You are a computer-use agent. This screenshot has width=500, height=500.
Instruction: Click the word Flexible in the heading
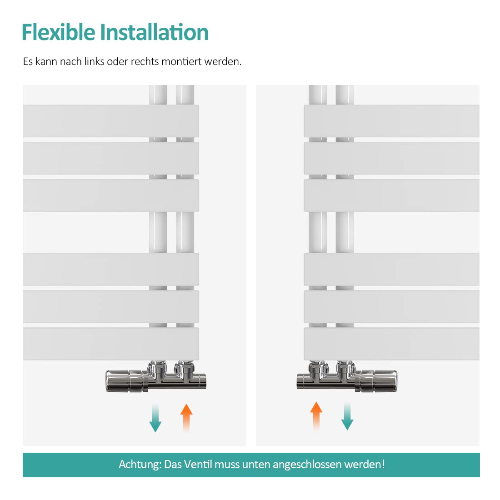tap(59, 32)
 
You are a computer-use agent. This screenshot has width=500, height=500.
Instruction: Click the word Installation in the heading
tap(155, 32)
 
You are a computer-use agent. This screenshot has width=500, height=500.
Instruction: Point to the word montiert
tap(181, 61)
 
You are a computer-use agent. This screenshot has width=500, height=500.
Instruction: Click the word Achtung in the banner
tap(140, 464)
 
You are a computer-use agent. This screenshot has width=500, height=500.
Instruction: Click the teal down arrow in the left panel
tap(155, 418)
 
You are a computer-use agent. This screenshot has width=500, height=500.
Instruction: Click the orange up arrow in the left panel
tap(186, 418)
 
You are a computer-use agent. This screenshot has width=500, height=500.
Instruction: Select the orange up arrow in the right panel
tap(316, 415)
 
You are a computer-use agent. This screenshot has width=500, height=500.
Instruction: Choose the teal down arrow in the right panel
tap(347, 416)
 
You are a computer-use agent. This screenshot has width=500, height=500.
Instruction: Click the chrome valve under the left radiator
tap(156, 378)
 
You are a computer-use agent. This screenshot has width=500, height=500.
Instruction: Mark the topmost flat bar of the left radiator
tap(110, 121)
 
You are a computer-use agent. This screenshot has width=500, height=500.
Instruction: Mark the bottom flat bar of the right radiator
tap(391, 344)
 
